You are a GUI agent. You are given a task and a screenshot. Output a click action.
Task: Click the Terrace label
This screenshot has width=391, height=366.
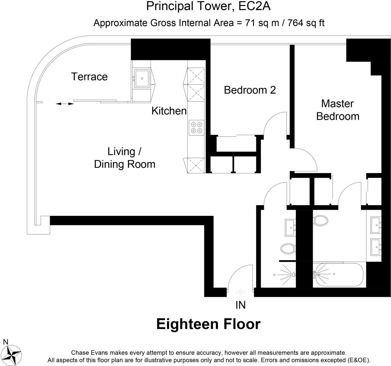(89, 77)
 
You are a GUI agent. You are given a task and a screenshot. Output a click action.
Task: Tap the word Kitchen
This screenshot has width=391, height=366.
(169, 111)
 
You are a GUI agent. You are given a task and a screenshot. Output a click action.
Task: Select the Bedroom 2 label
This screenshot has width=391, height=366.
(250, 90)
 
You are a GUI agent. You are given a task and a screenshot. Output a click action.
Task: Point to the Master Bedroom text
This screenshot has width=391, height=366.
(338, 110)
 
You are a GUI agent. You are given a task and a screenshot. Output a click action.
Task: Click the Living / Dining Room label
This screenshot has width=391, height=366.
(124, 158)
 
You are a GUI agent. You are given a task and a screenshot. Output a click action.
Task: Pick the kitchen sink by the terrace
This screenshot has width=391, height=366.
(142, 78)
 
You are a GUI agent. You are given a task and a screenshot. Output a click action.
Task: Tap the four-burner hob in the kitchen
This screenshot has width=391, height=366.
(197, 127)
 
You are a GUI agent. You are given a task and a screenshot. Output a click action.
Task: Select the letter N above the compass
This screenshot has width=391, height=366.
(5, 341)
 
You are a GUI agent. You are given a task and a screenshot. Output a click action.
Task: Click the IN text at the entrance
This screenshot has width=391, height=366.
(240, 305)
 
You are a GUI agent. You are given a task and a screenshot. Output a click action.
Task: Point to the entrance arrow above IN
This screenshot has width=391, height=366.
(240, 293)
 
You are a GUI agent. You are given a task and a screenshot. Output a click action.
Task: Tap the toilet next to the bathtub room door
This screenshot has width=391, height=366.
(321, 220)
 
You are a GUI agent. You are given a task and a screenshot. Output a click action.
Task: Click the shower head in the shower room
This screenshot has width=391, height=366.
(292, 274)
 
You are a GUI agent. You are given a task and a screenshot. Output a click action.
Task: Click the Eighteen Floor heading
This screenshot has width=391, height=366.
(208, 324)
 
